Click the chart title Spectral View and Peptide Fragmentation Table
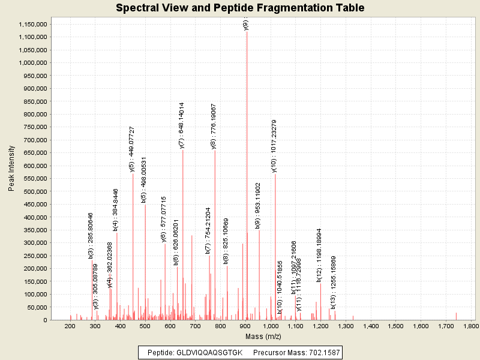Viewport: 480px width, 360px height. (x=240, y=8)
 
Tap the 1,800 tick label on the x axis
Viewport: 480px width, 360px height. (x=471, y=326)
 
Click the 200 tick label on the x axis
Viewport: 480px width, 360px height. (x=70, y=326)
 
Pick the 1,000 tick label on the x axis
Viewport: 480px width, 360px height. (x=271, y=326)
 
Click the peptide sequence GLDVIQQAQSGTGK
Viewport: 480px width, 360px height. (x=209, y=352)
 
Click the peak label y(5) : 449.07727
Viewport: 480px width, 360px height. (x=132, y=149)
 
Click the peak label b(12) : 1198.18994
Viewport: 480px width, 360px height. (x=319, y=255)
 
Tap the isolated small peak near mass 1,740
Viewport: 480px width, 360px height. (x=456, y=316)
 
